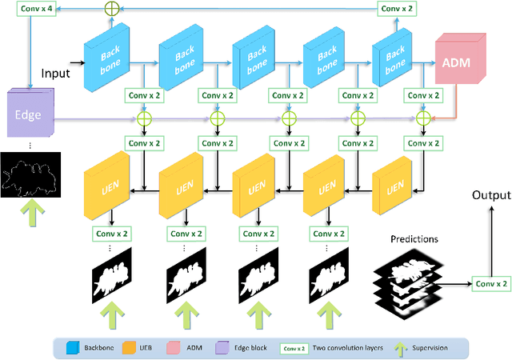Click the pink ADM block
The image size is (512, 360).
coord(459,62)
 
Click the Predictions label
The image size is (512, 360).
coord(414,239)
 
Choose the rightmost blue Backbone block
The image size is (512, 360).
coord(395,62)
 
